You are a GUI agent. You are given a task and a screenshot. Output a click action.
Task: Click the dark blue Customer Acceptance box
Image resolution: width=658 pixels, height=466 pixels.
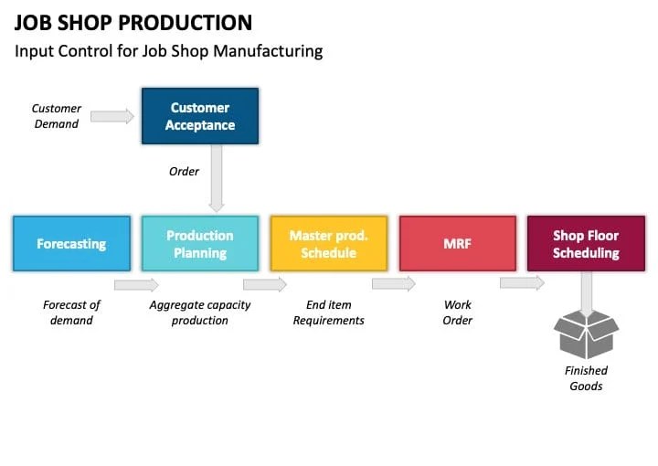199,116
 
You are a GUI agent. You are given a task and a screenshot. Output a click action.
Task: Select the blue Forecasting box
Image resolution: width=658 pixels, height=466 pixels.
71,244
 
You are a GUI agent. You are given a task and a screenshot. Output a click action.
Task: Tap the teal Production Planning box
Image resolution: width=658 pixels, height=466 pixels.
199,244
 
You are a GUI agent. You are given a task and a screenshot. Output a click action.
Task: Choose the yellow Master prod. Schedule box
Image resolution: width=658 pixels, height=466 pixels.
328,244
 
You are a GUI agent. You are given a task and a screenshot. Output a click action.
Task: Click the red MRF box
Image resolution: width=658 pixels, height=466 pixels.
457,244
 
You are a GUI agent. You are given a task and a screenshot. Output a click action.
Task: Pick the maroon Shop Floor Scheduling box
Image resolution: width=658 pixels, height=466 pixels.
586,244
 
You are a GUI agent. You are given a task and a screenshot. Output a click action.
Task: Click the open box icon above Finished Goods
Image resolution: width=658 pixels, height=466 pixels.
587,334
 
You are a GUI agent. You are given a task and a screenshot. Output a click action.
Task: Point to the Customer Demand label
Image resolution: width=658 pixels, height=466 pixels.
57,116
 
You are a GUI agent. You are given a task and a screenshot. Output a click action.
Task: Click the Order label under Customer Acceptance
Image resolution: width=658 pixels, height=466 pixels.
184,171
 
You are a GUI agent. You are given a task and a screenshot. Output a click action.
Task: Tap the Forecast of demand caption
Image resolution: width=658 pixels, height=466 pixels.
71,312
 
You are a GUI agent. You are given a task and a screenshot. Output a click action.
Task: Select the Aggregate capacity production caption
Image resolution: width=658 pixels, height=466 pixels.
199,312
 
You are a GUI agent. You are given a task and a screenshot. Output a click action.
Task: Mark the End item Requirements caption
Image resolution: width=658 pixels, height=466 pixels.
328,312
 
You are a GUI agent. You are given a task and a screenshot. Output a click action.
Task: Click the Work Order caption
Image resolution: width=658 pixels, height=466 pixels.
458,312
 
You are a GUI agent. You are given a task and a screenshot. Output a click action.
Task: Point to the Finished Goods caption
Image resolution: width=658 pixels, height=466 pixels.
586,378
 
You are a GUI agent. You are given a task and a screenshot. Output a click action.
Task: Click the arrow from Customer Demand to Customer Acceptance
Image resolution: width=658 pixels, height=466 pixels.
112,116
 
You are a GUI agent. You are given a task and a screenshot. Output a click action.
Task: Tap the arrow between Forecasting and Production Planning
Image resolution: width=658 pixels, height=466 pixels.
136,284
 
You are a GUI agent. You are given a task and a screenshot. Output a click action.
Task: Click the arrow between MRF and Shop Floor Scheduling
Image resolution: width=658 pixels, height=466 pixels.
522,283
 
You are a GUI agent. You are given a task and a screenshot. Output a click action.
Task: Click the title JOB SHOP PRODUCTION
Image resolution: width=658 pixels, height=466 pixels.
133,23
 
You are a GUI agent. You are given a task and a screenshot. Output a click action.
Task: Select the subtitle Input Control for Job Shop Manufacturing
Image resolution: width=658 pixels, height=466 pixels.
168,51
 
